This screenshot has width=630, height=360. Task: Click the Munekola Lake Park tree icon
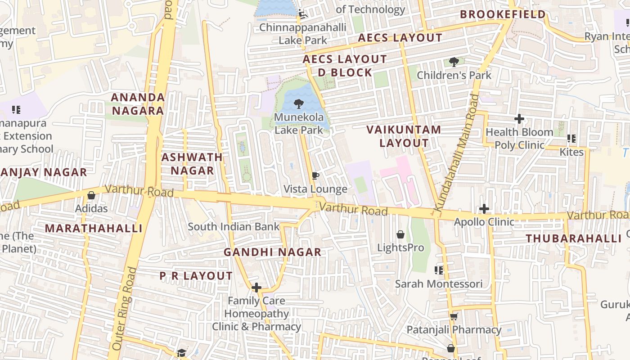point(298,104)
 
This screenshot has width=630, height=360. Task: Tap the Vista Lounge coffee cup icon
point(315,175)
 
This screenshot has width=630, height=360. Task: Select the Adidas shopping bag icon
point(91,195)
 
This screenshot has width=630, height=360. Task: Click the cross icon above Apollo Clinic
point(484,209)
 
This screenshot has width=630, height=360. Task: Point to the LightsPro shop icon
point(400,234)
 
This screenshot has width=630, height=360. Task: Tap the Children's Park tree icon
point(454,62)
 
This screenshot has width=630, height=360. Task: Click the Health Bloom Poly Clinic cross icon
point(519,119)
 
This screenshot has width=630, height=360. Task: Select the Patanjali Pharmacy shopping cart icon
point(454,316)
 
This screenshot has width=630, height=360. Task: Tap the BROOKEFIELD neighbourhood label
point(503,14)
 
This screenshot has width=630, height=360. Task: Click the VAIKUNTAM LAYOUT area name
point(404,136)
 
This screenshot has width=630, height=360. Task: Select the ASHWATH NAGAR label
point(192,164)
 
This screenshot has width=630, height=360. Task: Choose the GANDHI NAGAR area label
point(273,252)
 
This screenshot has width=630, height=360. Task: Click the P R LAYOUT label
point(196,276)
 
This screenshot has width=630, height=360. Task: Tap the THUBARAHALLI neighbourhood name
point(574,238)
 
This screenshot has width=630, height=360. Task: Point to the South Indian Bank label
point(234,226)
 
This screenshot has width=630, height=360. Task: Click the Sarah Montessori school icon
point(439,270)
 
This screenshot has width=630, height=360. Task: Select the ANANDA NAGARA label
point(138,104)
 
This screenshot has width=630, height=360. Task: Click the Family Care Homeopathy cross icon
point(256,287)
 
